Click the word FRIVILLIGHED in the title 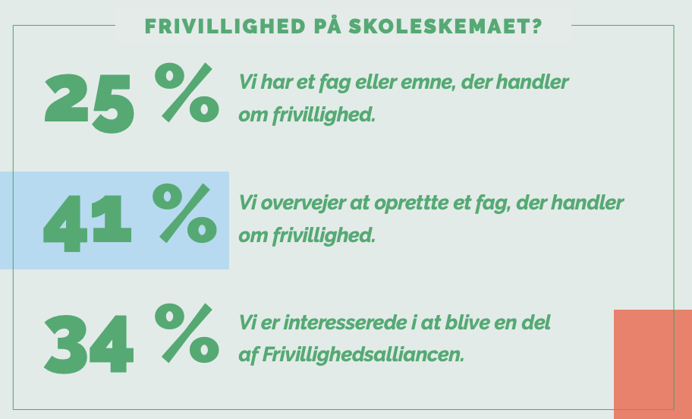coord(225,27)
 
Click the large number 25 coord(89,104)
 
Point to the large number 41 coord(87,224)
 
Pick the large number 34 coord(89,344)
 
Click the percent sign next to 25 coord(187,93)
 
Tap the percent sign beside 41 coord(185,213)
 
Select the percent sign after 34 coord(187,333)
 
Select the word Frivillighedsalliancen coord(363,355)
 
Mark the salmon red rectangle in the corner coord(653,364)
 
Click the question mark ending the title coord(536,27)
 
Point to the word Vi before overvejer coord(247,203)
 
